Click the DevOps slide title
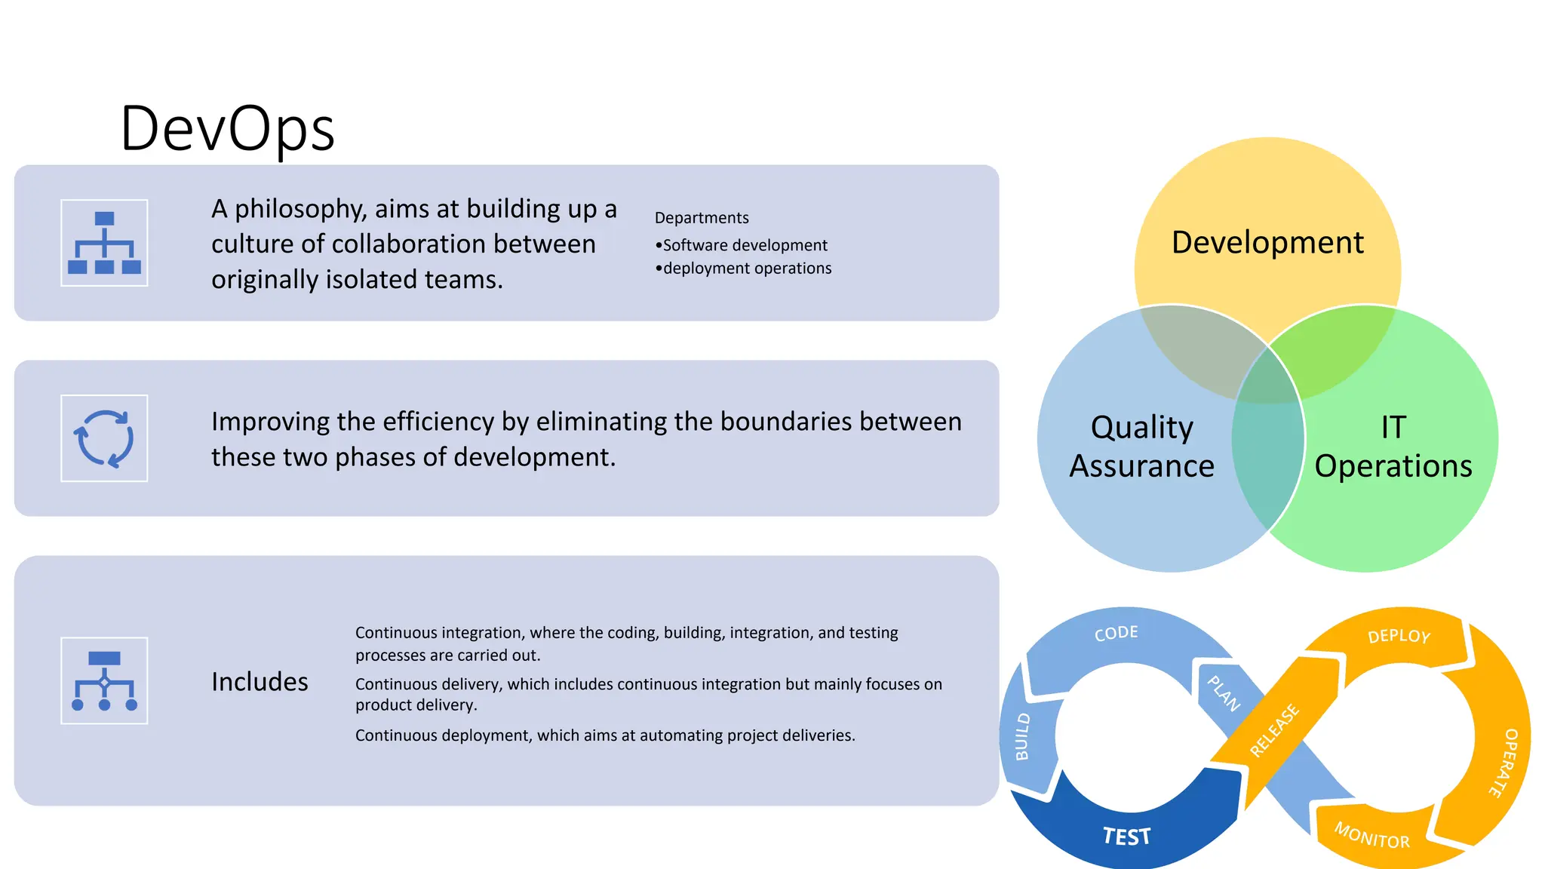pyautogui.click(x=227, y=129)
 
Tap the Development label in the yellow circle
pyautogui.click(x=1267, y=243)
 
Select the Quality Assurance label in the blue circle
pyautogui.click(x=1141, y=447)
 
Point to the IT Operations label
pyautogui.click(x=1393, y=447)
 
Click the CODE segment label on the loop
pyautogui.click(x=1116, y=633)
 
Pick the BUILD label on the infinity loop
pyautogui.click(x=1022, y=736)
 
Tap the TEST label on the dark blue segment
pyautogui.click(x=1126, y=837)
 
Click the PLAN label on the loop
pyautogui.click(x=1224, y=693)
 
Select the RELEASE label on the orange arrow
pyautogui.click(x=1274, y=729)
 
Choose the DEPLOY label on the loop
pyautogui.click(x=1399, y=636)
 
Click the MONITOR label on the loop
pyautogui.click(x=1371, y=836)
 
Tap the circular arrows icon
pyautogui.click(x=104, y=438)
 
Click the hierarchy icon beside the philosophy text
pyautogui.click(x=104, y=243)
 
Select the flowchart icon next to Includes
pyautogui.click(x=104, y=680)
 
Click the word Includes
pyautogui.click(x=260, y=682)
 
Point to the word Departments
pyautogui.click(x=702, y=218)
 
